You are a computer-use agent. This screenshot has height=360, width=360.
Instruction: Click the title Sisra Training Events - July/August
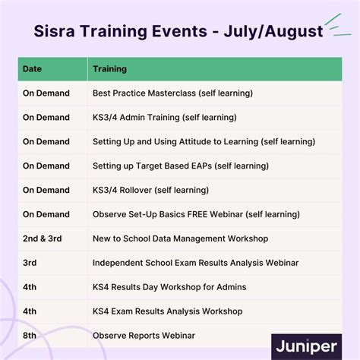[178, 32]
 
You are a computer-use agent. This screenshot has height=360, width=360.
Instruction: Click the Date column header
[32, 69]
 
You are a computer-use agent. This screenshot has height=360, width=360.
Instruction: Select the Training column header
[109, 69]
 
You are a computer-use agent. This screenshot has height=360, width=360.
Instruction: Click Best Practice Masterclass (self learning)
[172, 93]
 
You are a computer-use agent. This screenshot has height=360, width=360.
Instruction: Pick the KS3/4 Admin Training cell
[165, 118]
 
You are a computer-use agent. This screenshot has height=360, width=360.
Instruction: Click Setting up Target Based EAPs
[175, 166]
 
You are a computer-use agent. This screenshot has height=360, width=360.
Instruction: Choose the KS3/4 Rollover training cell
[150, 191]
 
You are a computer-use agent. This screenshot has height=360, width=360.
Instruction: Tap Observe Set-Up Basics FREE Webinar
[194, 215]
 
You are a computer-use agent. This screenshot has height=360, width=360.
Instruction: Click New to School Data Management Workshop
[180, 238]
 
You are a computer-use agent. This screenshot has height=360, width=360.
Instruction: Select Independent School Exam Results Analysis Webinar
[195, 263]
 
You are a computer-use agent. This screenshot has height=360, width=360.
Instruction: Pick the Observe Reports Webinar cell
[144, 336]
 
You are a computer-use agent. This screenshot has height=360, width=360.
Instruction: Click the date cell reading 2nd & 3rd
[41, 238]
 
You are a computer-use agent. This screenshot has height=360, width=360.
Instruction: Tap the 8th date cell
[30, 336]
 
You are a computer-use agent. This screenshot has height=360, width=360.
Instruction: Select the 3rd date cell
[30, 263]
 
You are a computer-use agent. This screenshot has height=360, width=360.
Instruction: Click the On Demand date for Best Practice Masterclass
[46, 93]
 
